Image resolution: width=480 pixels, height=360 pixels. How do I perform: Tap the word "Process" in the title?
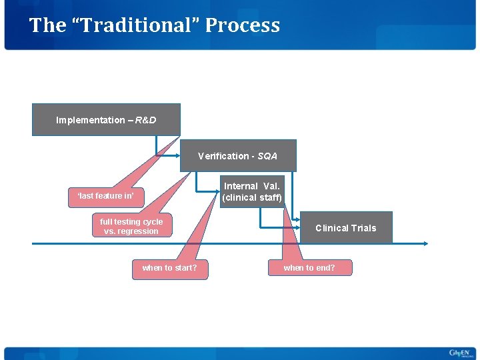(x=243, y=25)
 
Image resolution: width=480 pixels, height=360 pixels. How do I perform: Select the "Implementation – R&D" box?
(x=106, y=120)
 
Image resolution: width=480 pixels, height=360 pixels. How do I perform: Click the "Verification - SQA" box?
(x=237, y=156)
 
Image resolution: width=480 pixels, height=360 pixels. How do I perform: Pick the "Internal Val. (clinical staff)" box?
(x=252, y=192)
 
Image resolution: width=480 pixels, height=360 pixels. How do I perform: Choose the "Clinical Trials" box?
(x=345, y=228)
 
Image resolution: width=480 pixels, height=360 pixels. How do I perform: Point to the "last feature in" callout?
(x=105, y=195)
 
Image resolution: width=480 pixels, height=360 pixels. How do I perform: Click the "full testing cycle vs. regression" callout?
(x=131, y=227)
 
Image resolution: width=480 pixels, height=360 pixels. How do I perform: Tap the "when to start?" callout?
(x=169, y=268)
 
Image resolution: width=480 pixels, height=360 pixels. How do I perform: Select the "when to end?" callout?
(x=309, y=268)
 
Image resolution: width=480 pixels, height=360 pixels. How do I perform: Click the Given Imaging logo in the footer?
(x=459, y=353)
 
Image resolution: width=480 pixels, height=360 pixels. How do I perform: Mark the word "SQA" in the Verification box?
(x=267, y=156)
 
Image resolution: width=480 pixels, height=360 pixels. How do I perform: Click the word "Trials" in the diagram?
(x=364, y=228)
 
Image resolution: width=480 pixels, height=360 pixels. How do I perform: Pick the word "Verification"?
(x=223, y=156)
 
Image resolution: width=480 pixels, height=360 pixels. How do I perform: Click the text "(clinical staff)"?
(x=252, y=198)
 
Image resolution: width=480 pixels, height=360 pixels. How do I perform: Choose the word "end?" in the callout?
(x=325, y=268)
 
